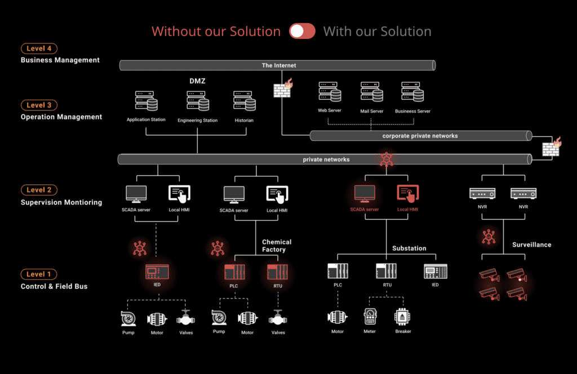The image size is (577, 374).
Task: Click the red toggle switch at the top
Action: click(302, 31)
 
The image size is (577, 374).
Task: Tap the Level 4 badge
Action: click(39, 49)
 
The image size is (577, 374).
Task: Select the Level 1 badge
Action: click(39, 274)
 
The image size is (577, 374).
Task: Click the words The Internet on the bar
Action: click(278, 65)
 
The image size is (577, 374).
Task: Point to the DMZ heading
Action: click(197, 81)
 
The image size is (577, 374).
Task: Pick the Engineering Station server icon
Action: click(198, 101)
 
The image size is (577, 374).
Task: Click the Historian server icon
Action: click(245, 101)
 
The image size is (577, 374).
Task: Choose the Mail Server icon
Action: click(372, 92)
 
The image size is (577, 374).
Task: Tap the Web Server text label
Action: click(330, 110)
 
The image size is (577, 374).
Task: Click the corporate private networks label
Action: click(420, 136)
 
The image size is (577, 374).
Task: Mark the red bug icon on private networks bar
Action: click(386, 159)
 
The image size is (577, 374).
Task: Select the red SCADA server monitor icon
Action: click(365, 193)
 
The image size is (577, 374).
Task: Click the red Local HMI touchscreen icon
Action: click(407, 193)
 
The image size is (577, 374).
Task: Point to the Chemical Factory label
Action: click(277, 246)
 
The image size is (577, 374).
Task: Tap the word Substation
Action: click(409, 248)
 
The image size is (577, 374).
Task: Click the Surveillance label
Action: click(531, 245)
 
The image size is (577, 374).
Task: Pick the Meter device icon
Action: click(370, 317)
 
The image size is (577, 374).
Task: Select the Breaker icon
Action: click(403, 317)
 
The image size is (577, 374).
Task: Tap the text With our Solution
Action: click(377, 32)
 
